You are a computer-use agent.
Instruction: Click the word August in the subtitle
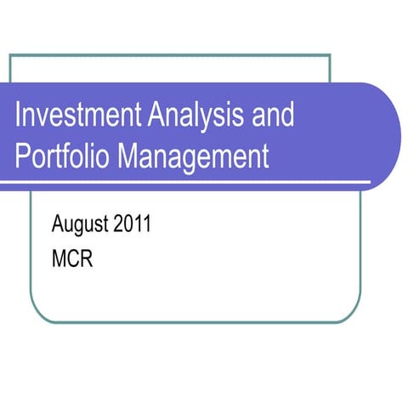[x=82, y=226]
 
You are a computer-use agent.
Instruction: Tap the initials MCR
[x=72, y=258]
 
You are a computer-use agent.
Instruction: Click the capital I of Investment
[x=20, y=115]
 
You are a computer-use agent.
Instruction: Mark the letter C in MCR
[x=73, y=258]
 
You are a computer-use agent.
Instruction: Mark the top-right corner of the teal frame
[x=329, y=55]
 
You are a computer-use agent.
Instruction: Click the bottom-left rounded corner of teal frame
[x=37, y=315]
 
